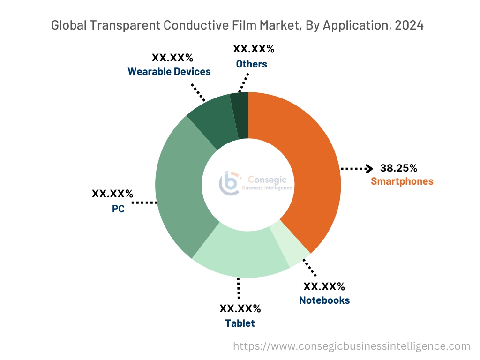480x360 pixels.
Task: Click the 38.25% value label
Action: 398,168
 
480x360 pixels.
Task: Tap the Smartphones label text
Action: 402,181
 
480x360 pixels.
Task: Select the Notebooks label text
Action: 324,300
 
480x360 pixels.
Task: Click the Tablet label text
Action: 240,323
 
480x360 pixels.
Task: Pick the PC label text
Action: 118,209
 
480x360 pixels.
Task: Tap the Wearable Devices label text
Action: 169,72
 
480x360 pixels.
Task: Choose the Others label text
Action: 252,64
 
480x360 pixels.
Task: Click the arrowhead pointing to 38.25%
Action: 369,168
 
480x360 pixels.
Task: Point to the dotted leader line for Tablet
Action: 239,288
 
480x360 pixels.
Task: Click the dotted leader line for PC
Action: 144,202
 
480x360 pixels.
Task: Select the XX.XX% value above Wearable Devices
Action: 172,58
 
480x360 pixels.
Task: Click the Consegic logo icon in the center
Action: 229,183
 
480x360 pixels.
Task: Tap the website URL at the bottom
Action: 352,346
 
